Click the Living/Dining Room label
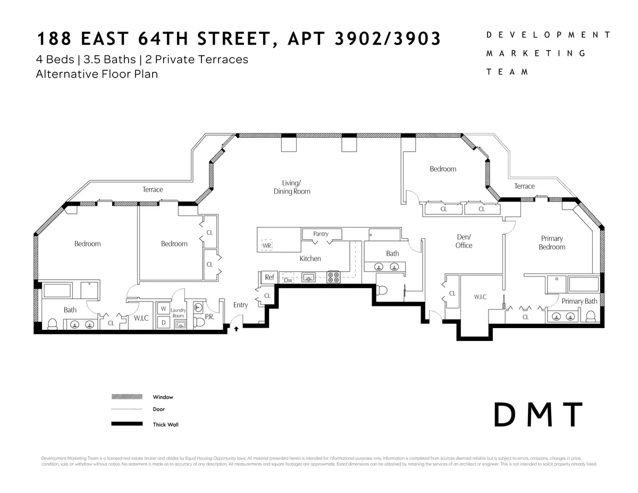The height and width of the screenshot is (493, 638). coord(292,187)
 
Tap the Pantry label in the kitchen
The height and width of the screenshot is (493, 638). coord(321,233)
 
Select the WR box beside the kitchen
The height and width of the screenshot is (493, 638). coord(267,246)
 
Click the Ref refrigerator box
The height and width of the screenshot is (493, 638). coord(270,277)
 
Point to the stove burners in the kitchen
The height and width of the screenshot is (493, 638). coord(334,277)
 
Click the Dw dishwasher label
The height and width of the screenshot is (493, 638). coord(288,280)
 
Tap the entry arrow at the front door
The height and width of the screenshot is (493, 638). coord(236,329)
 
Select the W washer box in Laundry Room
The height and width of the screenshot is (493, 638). coord(163,309)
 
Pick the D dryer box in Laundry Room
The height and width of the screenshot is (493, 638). coord(163,322)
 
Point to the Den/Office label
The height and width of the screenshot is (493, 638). coord(464,241)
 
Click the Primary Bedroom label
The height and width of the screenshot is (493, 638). coord(552,243)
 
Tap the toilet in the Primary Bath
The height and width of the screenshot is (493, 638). coord(590,317)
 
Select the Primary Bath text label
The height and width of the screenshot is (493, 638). coord(579,301)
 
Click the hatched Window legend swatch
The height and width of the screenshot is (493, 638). coord(127,397)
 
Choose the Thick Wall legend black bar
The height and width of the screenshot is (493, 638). coord(127,424)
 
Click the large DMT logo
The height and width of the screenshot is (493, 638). coord(539,415)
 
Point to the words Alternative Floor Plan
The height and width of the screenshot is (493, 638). coord(97,74)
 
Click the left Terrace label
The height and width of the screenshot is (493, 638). coord(153,189)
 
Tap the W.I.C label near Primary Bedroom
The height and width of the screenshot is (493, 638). coord(480,297)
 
